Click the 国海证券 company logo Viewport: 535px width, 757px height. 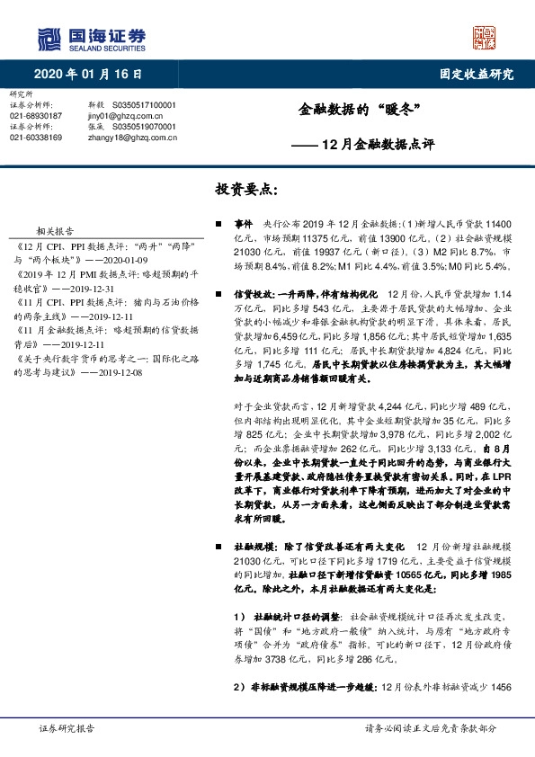click(x=90, y=37)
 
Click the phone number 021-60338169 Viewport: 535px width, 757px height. click(x=35, y=138)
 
